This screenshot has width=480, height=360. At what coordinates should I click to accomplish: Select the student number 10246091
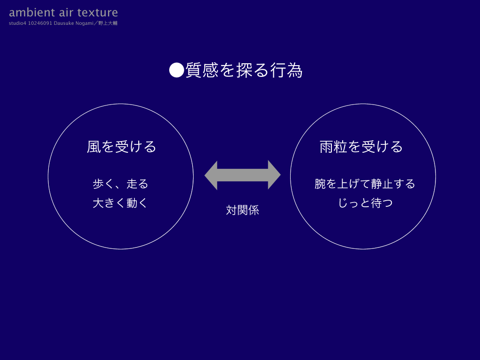click(40, 23)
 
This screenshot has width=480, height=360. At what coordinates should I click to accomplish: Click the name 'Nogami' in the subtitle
click(84, 23)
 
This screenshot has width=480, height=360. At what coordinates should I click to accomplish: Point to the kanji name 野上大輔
click(108, 23)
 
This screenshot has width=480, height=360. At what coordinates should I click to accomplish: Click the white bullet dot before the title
click(177, 70)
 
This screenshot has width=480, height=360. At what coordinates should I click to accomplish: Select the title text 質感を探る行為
click(244, 70)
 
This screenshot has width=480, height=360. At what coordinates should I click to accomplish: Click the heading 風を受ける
click(121, 147)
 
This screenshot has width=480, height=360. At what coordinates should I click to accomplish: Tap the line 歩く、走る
click(120, 184)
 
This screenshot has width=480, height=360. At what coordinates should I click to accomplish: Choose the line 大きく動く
click(120, 203)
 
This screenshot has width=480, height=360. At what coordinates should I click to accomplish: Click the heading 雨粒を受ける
click(361, 147)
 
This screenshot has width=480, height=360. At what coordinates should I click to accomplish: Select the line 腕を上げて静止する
click(365, 184)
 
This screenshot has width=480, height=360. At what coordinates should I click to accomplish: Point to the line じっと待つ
click(365, 203)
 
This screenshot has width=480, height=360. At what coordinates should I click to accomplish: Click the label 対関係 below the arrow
click(242, 210)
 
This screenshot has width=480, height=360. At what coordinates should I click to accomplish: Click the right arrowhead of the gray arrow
click(274, 175)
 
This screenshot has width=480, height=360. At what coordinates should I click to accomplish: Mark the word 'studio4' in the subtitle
click(17, 23)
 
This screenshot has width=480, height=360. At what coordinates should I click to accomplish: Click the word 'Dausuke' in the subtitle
click(64, 23)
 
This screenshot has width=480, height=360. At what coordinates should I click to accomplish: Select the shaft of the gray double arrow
click(242, 175)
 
